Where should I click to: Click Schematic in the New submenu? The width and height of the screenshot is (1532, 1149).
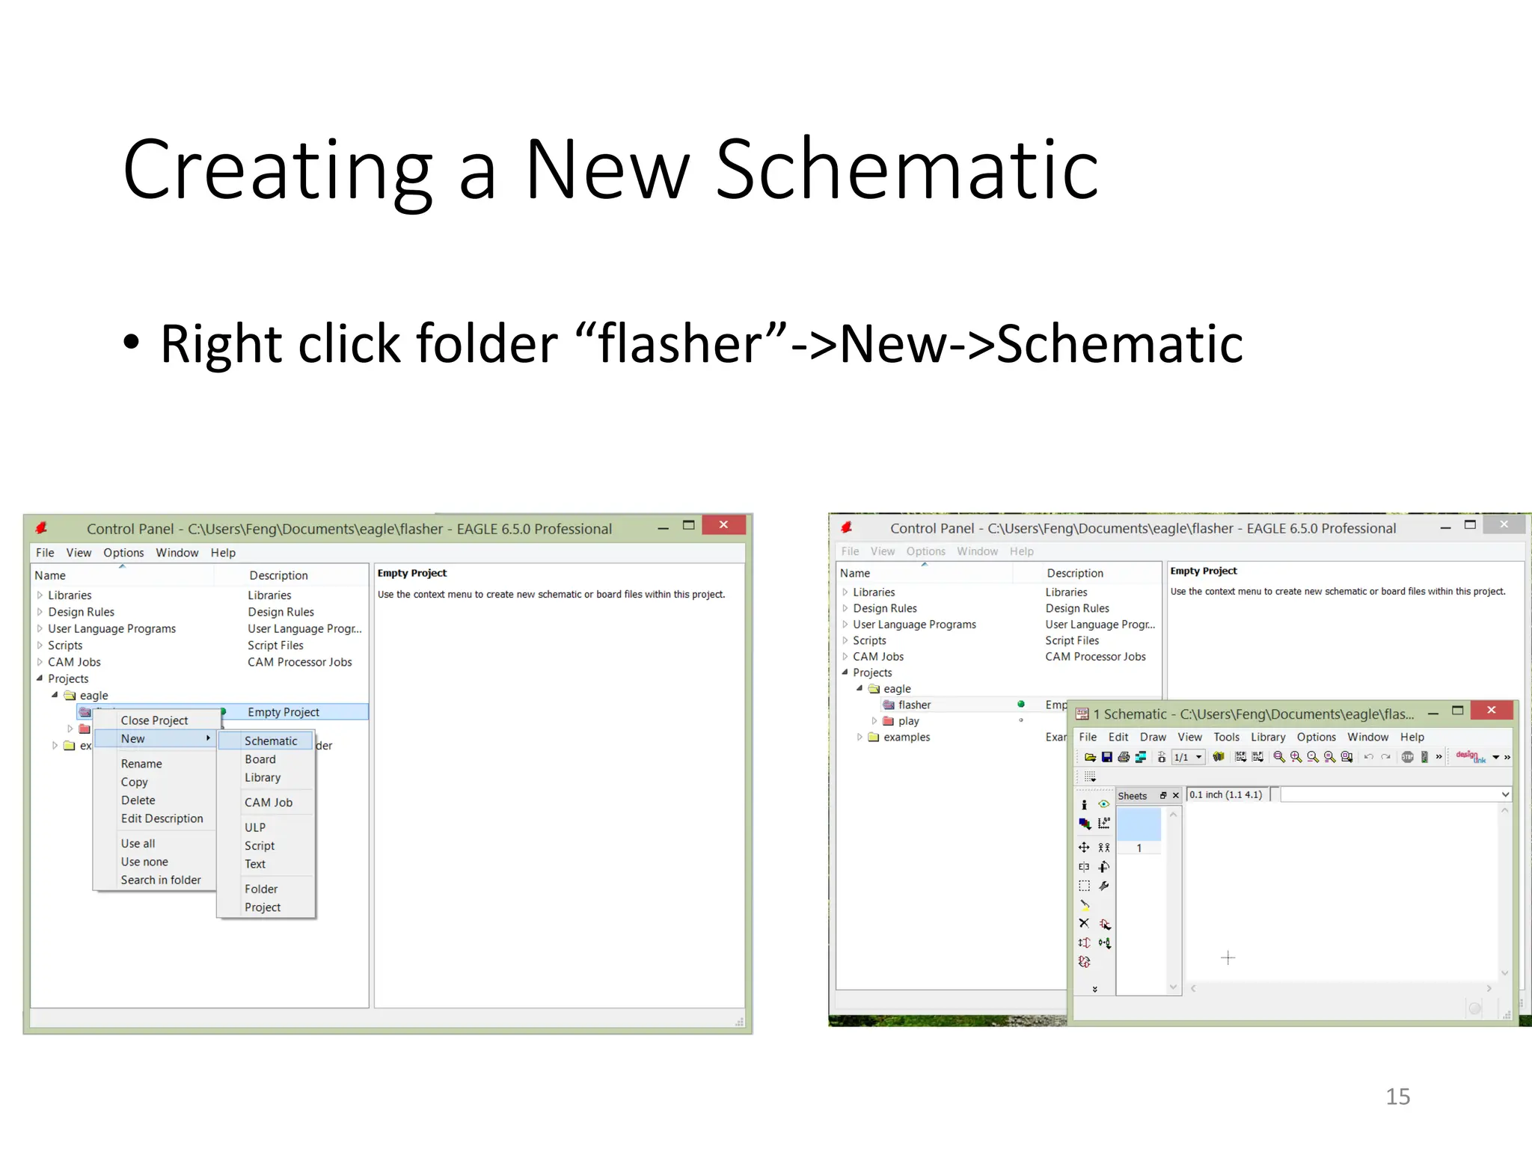click(x=270, y=741)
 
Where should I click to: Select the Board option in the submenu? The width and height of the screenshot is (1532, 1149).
click(x=260, y=759)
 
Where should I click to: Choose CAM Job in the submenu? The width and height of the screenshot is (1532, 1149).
click(x=268, y=802)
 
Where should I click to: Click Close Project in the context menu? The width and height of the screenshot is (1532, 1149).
click(x=154, y=720)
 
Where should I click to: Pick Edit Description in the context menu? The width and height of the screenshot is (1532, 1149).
click(x=162, y=818)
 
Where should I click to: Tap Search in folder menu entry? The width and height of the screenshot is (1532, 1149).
click(x=161, y=880)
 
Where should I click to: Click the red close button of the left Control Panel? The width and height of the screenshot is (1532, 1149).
click(x=723, y=525)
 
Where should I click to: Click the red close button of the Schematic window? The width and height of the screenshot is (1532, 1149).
click(x=1491, y=710)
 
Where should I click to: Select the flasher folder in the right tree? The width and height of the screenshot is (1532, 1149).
click(x=914, y=705)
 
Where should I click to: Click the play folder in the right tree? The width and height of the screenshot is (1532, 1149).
click(x=908, y=721)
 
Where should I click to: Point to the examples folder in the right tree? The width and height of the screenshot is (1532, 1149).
click(x=906, y=737)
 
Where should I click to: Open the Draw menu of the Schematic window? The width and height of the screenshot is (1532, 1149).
click(x=1153, y=737)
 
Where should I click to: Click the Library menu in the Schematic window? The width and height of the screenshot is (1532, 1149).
click(x=1268, y=737)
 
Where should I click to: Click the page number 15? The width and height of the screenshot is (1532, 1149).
click(x=1397, y=1097)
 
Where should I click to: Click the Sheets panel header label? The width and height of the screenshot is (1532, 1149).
click(x=1132, y=796)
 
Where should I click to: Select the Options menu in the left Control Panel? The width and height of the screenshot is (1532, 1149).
click(x=123, y=553)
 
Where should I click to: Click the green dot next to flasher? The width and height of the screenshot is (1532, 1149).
click(x=1021, y=704)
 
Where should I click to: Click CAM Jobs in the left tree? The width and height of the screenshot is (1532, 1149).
click(x=74, y=662)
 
